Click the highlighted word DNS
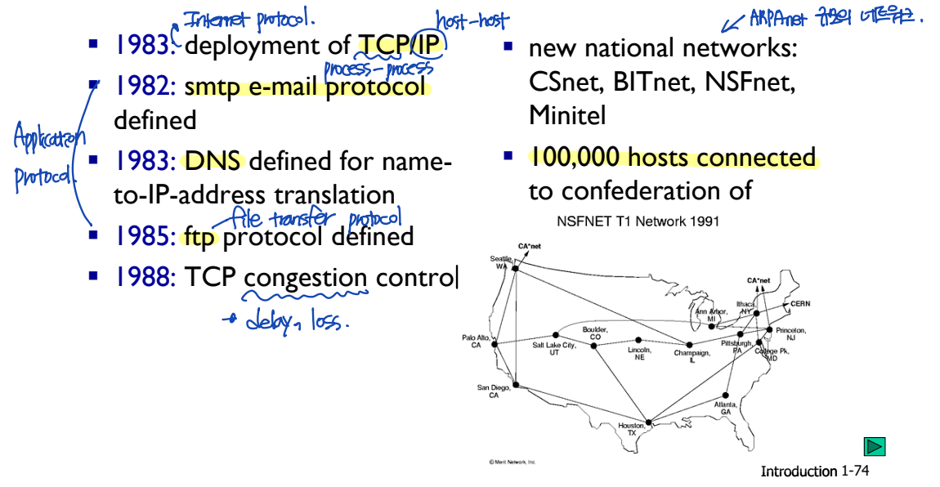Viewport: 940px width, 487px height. click(213, 160)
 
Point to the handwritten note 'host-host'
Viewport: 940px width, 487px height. click(472, 21)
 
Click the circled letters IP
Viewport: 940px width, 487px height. click(430, 45)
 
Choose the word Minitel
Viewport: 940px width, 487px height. click(567, 114)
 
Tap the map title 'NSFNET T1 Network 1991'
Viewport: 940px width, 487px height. click(638, 221)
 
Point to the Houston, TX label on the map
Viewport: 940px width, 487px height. click(631, 429)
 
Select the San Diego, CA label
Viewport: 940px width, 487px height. click(494, 391)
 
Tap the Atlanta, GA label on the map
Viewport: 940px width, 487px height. click(726, 408)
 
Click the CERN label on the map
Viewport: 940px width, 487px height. click(800, 303)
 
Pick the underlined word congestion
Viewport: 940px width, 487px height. click(306, 278)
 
